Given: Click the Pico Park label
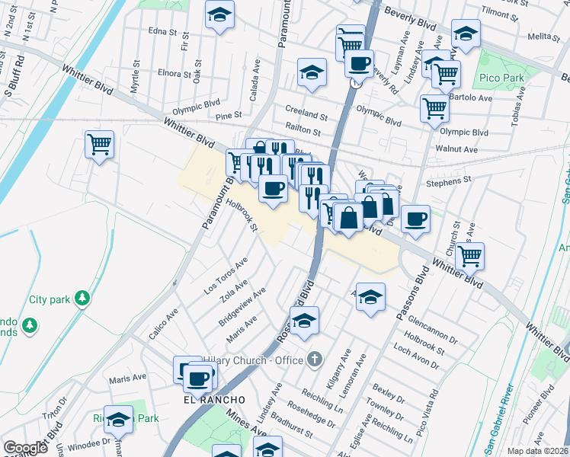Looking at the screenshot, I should (x=499, y=78).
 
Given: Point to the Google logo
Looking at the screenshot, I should (x=25, y=448).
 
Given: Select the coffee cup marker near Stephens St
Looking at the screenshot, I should (x=415, y=219).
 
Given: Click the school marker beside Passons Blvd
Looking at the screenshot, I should (x=370, y=296).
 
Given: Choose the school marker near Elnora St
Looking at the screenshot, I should (x=312, y=72).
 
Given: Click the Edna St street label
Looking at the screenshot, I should (x=162, y=32).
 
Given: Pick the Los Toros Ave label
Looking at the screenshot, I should (x=226, y=276).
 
